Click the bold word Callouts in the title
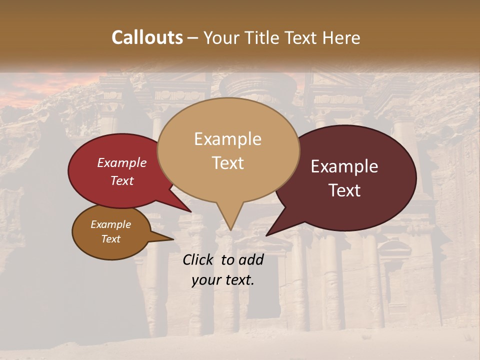pyautogui.click(x=147, y=37)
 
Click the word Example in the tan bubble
pyautogui.click(x=227, y=139)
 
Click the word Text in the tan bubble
pyautogui.click(x=228, y=162)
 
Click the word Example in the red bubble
pyautogui.click(x=121, y=162)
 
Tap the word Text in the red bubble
pyautogui.click(x=122, y=180)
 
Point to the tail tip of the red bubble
pyautogui.click(x=190, y=211)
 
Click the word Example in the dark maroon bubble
pyautogui.click(x=344, y=166)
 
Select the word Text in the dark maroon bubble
pyautogui.click(x=345, y=190)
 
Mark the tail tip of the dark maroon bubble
pyautogui.click(x=267, y=234)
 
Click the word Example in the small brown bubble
pyautogui.click(x=110, y=224)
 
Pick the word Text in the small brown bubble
pyautogui.click(x=111, y=239)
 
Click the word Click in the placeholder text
pyautogui.click(x=198, y=259)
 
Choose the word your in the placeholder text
pyautogui.click(x=205, y=280)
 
